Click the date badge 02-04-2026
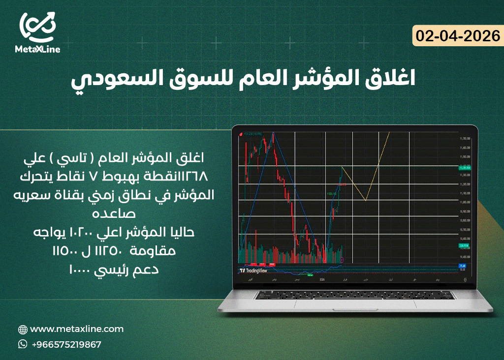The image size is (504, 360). click(x=457, y=36)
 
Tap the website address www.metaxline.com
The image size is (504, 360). click(x=77, y=329)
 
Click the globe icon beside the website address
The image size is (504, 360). click(x=23, y=330)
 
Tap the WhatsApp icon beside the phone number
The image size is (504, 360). click(x=23, y=344)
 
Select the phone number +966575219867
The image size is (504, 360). click(x=66, y=344)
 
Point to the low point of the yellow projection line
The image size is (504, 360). click(x=366, y=200)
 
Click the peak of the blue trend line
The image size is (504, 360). click(x=273, y=133)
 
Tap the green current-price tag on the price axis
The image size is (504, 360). click(x=465, y=168)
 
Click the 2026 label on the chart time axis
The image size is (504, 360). click(x=323, y=279)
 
